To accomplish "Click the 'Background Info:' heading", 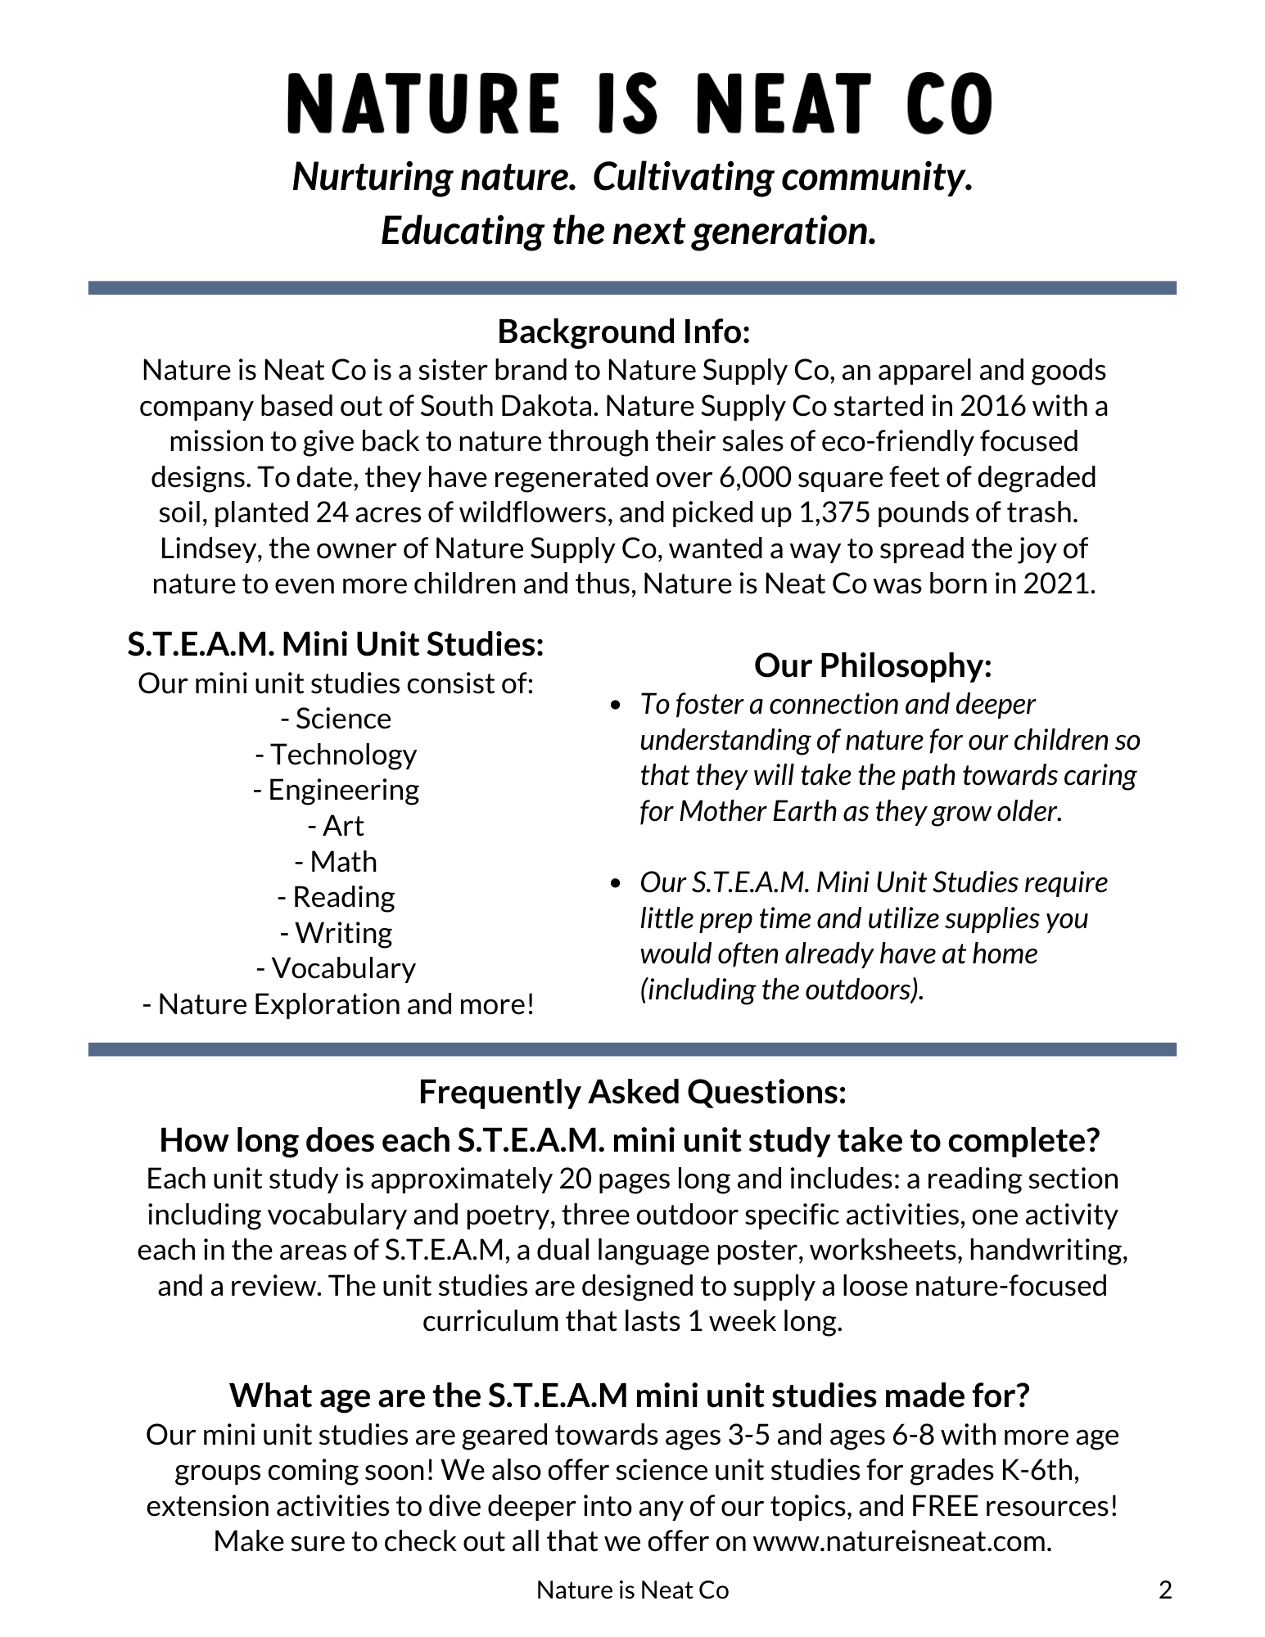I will [624, 331].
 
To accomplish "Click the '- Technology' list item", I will [336, 754].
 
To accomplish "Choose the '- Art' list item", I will [336, 826].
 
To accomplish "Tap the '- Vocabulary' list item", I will [336, 968].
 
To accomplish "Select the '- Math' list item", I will [336, 862].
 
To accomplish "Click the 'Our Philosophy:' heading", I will [873, 665].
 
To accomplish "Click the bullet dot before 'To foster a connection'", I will [616, 705].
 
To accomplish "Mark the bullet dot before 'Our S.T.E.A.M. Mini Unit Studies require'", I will [616, 883].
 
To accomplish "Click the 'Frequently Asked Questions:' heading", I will [632, 1092].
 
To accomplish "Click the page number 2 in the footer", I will [1166, 1590].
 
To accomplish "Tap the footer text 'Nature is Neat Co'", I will [632, 1590].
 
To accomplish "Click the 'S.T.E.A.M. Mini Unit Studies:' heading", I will [336, 644].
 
